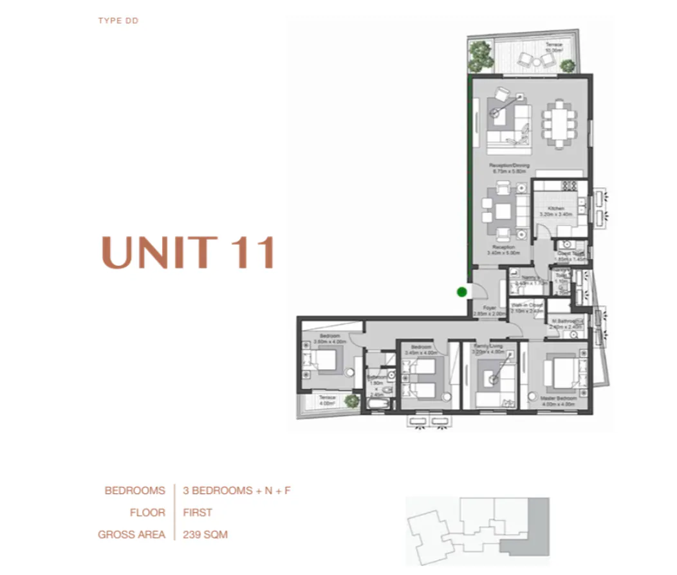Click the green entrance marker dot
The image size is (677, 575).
[x=461, y=292]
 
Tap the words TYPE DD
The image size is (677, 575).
[x=118, y=21]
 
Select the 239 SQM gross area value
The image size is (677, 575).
[x=205, y=534]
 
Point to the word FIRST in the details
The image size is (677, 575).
[x=198, y=513]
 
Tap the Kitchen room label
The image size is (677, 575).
[x=556, y=209]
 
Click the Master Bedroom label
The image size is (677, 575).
[x=558, y=399]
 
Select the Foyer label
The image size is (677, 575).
[x=490, y=308]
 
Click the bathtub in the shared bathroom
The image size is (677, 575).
[x=378, y=404]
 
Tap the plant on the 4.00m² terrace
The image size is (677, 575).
[x=351, y=401]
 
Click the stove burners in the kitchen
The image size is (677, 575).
[x=570, y=187]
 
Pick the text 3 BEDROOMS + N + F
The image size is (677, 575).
[x=237, y=491]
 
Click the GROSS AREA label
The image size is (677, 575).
[x=131, y=534]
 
